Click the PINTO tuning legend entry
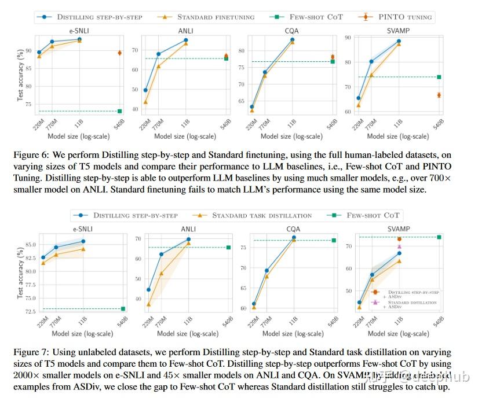pos(406,17)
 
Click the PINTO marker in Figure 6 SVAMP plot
pos(439,95)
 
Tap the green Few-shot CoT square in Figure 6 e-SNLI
pos(119,111)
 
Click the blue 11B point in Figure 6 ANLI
pos(185,40)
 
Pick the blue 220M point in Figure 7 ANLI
pos(148,290)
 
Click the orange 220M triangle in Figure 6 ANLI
pos(145,102)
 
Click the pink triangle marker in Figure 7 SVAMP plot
pos(399,247)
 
